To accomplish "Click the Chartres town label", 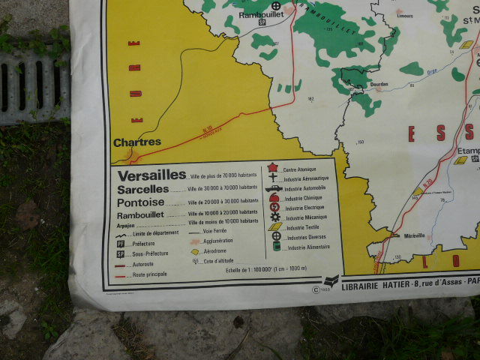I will (x=137, y=142).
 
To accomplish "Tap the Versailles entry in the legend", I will (x=151, y=175).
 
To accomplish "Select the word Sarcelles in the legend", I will (x=143, y=189).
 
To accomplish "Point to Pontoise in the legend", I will (x=140, y=202).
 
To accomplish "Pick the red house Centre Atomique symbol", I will (x=274, y=168).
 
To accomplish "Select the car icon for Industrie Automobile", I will (x=274, y=188).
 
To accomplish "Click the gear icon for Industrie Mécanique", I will (x=275, y=217).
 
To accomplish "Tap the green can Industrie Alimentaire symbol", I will (x=277, y=245).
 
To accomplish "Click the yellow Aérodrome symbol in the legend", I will (x=195, y=251).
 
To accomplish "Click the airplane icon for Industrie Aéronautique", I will (x=274, y=178).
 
